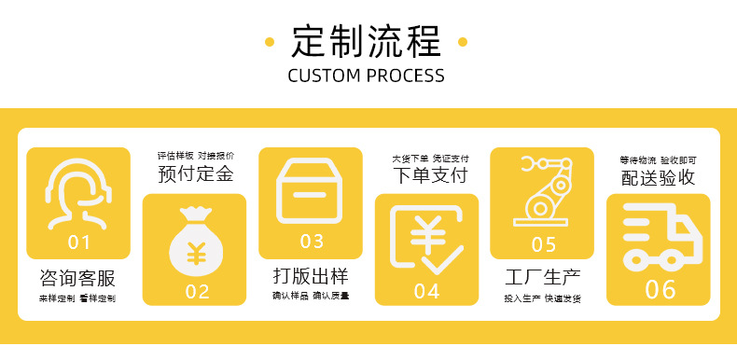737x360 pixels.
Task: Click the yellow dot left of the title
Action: (270, 42)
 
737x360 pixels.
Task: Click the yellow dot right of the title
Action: (464, 42)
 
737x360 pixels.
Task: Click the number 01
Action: (80, 242)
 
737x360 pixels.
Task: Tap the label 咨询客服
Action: (78, 277)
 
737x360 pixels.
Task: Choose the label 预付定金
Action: (195, 173)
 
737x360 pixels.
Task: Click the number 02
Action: (197, 290)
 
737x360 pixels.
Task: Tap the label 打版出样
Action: (311, 277)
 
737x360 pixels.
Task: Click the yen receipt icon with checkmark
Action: (426, 240)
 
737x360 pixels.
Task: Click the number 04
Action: (427, 290)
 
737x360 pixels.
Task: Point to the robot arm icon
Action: (543, 191)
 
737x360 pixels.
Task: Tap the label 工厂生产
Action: (543, 277)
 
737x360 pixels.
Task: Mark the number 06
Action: (661, 290)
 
